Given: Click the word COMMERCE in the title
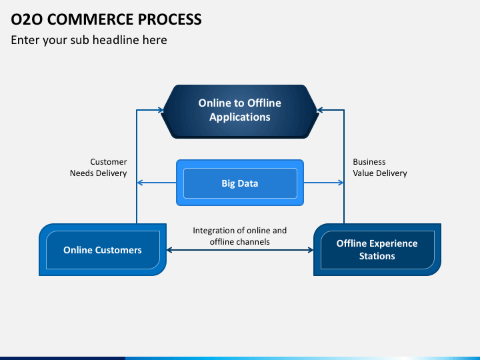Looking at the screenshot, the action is (90, 19).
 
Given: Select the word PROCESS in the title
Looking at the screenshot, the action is (169, 19).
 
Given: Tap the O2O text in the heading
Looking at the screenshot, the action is (27, 19).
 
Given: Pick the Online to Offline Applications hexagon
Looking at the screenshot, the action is (240, 111).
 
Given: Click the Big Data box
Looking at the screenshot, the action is (240, 183).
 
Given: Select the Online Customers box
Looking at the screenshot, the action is (103, 249).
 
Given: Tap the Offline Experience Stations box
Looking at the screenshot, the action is (377, 249).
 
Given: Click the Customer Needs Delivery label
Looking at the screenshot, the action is (98, 167).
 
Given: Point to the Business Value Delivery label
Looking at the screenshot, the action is (380, 167).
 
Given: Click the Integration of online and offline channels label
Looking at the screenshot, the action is (240, 236).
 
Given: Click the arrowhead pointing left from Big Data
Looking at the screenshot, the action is (140, 183).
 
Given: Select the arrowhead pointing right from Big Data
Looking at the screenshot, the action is (341, 183).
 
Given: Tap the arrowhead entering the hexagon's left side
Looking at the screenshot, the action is (161, 110).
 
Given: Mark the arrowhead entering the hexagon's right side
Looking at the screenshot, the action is (320, 110).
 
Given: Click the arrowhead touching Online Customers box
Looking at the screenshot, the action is (170, 250).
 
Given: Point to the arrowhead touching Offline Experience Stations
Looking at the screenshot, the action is (310, 250).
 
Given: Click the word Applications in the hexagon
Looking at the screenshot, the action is (240, 117).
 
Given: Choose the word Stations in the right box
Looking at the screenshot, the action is (377, 256).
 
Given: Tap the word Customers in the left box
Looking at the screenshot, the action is (118, 250).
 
